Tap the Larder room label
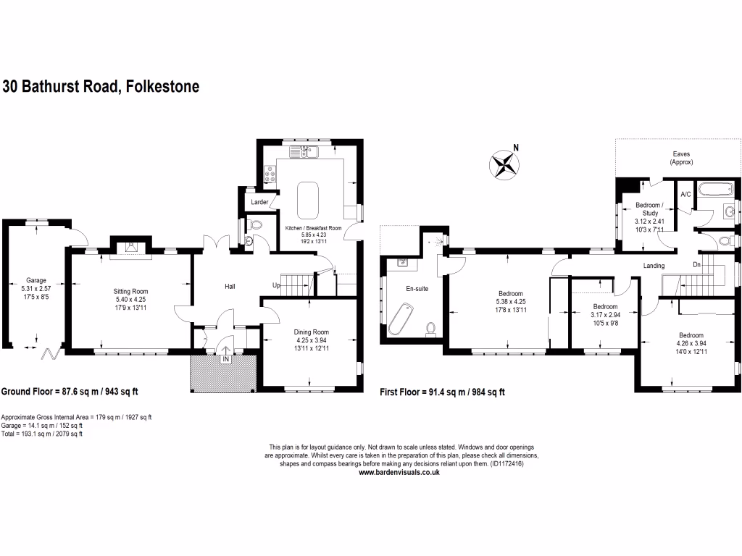(259, 202)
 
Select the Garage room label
(36, 279)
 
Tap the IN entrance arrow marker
(225, 359)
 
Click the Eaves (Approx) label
(680, 158)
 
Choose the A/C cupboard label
(685, 195)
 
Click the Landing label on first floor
(654, 266)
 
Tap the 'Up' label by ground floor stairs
(277, 285)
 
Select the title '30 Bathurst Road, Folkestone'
(101, 87)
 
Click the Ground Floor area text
(70, 392)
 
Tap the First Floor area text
(442, 392)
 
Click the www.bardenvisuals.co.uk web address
(400, 472)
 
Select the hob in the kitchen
(270, 175)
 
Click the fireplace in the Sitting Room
(130, 248)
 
